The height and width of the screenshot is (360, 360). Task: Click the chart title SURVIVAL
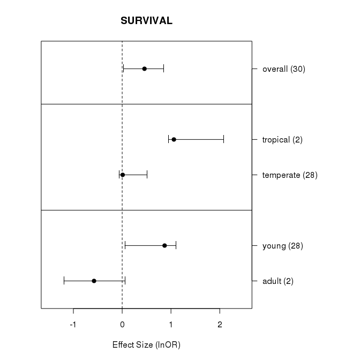[146, 21]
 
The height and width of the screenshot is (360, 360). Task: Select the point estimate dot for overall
[144, 69]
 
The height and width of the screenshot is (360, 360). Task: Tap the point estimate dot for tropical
[174, 139]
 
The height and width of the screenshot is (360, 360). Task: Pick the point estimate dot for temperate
[123, 175]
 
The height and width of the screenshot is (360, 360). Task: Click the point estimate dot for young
[164, 245]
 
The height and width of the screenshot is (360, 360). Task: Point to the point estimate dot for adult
[94, 281]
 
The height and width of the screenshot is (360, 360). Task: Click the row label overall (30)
[283, 69]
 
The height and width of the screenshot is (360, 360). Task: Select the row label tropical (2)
[282, 140]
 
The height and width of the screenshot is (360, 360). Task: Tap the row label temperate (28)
[290, 175]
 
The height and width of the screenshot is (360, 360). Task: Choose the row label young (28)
[283, 246]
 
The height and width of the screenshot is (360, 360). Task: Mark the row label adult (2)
[277, 281]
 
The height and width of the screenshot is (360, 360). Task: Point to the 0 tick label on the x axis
[122, 325]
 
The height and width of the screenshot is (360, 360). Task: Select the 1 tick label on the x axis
[171, 325]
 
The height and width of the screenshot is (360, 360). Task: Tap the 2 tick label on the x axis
[220, 325]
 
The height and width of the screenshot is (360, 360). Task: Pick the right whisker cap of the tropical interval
[223, 139]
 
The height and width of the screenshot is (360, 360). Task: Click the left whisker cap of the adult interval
[64, 281]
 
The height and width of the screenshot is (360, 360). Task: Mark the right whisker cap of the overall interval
[163, 69]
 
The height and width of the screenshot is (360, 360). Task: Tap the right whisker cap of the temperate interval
[147, 175]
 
